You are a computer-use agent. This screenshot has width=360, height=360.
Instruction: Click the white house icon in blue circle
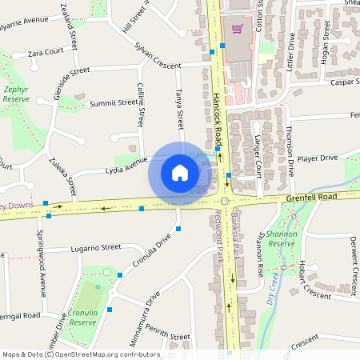point(180,172)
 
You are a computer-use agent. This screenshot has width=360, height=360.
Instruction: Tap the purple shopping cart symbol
point(237,30)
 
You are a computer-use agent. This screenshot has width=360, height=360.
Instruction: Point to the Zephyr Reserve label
point(18,94)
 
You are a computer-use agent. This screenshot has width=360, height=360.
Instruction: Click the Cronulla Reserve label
point(82,318)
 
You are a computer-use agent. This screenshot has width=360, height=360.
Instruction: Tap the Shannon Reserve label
point(282,238)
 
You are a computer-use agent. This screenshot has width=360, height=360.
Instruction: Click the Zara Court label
point(45,52)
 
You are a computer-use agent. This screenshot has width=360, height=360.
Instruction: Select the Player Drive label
point(317,158)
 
